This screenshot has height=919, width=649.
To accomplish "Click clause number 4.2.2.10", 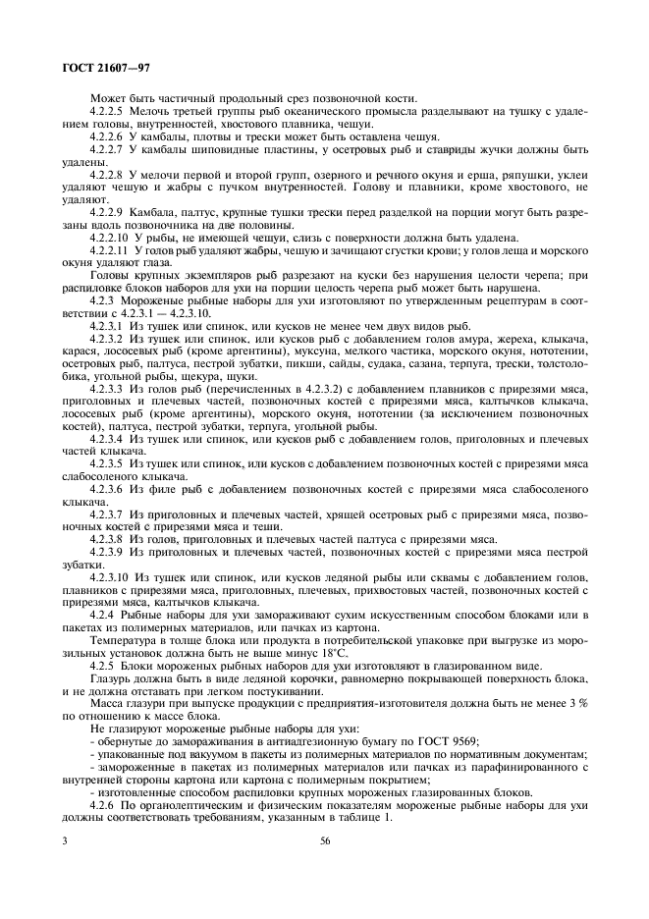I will point(109,238).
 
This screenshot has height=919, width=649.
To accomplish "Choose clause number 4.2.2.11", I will point(109,250).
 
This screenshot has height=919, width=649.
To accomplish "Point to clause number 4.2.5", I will point(102,666).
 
